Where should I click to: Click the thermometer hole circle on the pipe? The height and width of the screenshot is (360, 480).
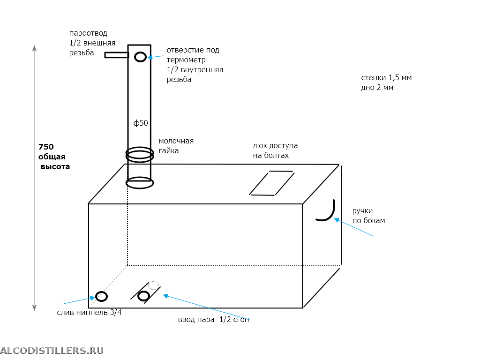tap(140, 57)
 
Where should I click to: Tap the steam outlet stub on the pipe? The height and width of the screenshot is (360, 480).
tap(116, 55)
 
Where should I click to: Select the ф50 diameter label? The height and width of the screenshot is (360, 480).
tap(141, 123)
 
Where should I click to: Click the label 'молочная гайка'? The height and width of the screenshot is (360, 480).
tap(176, 146)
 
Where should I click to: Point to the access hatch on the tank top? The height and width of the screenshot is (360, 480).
tap(272, 183)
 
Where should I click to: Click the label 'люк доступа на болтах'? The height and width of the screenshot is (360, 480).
tap(275, 150)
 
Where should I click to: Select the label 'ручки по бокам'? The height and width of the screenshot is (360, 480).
tap(368, 216)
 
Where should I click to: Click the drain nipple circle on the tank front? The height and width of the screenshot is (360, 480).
tap(101, 296)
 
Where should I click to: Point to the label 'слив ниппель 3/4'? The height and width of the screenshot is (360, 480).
tap(89, 313)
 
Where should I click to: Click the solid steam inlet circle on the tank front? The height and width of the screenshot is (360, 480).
tap(143, 296)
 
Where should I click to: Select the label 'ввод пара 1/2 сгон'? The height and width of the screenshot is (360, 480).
tap(213, 320)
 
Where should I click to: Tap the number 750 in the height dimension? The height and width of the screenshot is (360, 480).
tap(46, 147)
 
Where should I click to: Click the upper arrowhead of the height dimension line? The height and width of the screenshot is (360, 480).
tap(34, 48)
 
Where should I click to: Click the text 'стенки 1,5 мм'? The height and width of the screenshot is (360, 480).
tap(386, 78)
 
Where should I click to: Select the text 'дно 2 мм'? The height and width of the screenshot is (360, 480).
tap(377, 88)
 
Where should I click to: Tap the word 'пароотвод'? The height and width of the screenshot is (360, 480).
tap(88, 33)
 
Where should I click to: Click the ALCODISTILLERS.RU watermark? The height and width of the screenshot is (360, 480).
tap(52, 350)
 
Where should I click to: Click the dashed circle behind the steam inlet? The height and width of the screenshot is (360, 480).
tap(154, 285)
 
